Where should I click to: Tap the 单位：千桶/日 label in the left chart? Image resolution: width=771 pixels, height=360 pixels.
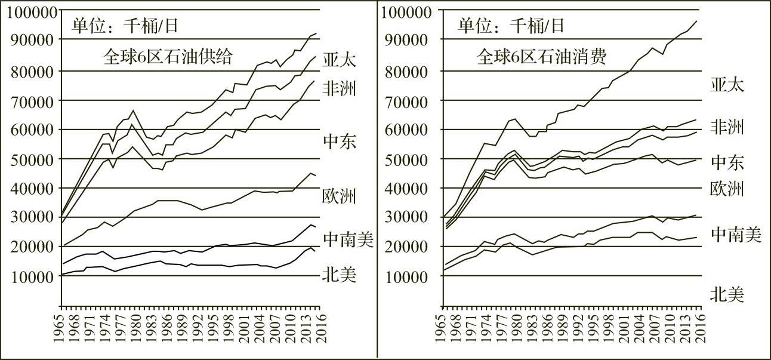pyautogui.click(x=125, y=26)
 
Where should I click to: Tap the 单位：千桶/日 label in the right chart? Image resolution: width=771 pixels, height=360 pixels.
pyautogui.click(x=511, y=26)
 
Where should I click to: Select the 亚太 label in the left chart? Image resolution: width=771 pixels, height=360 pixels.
pyautogui.click(x=340, y=61)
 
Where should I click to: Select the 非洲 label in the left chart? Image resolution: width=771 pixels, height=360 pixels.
pyautogui.click(x=340, y=90)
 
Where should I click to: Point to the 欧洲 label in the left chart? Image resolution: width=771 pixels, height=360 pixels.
pyautogui.click(x=340, y=196)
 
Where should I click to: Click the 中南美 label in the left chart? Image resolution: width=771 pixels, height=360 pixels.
pyautogui.click(x=349, y=239)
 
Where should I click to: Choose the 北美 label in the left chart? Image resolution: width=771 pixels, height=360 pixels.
pyautogui.click(x=340, y=275)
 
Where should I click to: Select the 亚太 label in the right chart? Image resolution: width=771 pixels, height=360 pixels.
pyautogui.click(x=727, y=84)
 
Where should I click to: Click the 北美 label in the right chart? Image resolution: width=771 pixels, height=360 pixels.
pyautogui.click(x=727, y=294)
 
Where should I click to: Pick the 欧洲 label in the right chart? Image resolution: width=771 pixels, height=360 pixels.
pyautogui.click(x=727, y=189)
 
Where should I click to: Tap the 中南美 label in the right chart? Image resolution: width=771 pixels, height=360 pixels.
pyautogui.click(x=736, y=235)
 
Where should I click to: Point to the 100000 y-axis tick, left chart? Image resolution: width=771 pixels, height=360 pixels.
pyautogui.click(x=30, y=12)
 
